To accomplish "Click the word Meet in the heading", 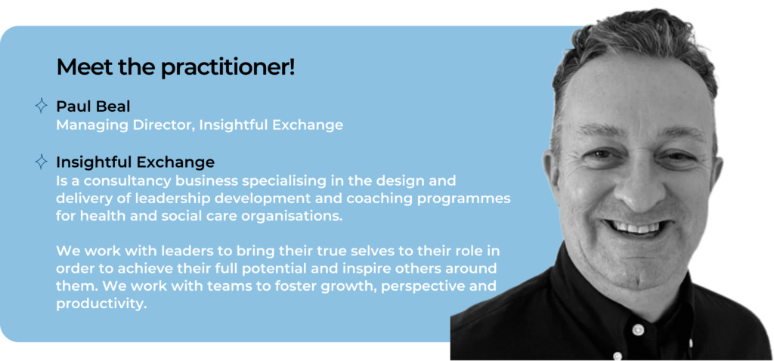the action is point(79,67).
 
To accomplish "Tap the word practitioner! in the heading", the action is point(228,68).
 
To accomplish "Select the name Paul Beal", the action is point(93,106).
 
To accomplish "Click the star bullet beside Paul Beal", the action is point(42,106).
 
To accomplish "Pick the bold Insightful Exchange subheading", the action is point(135,162).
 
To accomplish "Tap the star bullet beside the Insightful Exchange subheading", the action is point(42,162).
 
